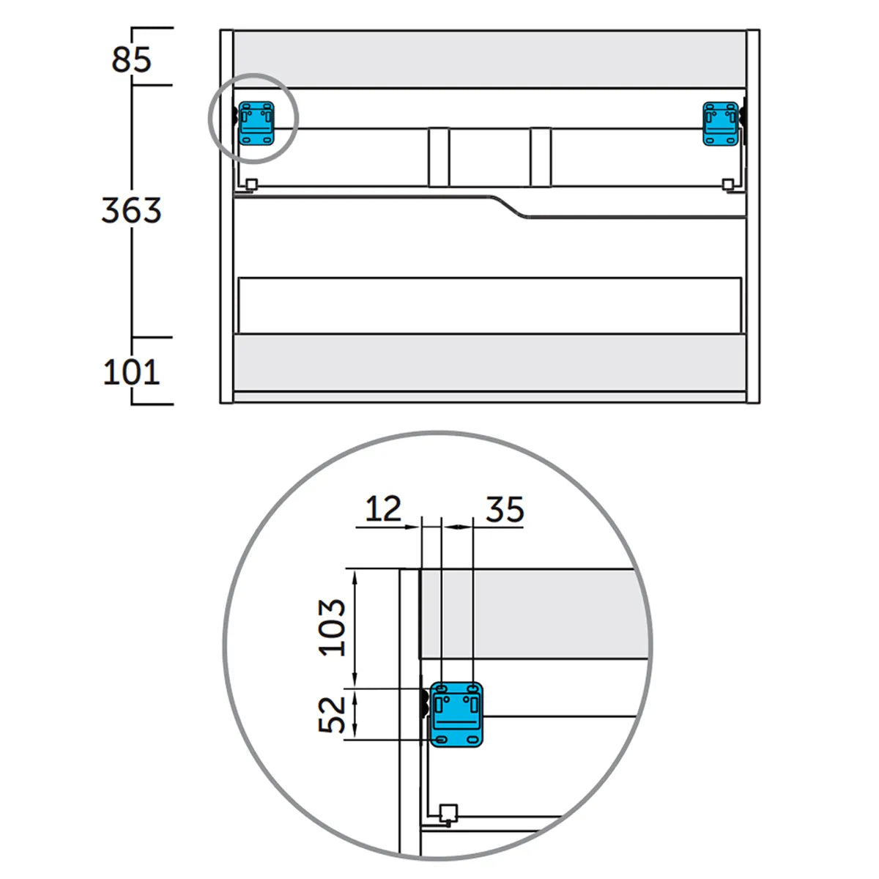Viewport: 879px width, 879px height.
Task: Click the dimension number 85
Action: coord(131,59)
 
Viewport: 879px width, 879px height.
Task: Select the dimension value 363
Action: coord(131,210)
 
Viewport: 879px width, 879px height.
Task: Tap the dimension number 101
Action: coord(131,372)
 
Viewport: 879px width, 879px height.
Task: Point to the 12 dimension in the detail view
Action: coord(383,508)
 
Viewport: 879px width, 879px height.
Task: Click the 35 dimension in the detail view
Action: coord(505,509)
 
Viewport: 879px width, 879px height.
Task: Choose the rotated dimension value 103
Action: coord(333,627)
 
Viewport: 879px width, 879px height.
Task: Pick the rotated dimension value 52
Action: coord(333,715)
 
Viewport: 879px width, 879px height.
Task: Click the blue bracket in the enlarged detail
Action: coord(456,715)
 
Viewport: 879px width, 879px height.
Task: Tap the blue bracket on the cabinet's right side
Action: coord(721,124)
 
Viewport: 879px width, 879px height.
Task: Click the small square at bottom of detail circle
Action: coord(448,812)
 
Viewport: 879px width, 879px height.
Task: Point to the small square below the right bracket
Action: coord(727,184)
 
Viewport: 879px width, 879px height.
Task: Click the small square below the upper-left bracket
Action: coord(251,184)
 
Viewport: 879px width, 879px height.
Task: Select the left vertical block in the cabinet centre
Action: coord(439,157)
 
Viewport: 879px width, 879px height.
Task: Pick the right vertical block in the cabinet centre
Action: coord(541,157)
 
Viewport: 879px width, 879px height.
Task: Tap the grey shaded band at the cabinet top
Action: coord(489,59)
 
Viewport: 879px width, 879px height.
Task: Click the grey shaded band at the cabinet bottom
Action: coord(489,363)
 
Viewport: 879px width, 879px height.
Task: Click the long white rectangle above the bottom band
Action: coord(489,304)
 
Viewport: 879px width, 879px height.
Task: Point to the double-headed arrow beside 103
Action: coord(356,628)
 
